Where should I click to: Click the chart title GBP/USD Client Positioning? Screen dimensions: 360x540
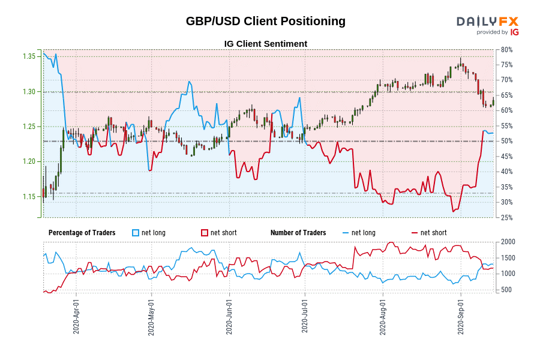(x=265, y=21)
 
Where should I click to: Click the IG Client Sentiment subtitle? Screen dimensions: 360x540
(x=265, y=44)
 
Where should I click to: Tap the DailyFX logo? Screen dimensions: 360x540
(x=487, y=21)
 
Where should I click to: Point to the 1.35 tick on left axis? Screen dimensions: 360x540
(x=29, y=56)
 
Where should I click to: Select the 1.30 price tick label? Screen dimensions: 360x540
(x=29, y=92)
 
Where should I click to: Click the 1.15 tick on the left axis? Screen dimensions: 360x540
(x=29, y=197)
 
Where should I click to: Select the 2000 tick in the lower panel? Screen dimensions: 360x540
(x=506, y=242)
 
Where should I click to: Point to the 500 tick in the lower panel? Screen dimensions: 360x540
(x=505, y=290)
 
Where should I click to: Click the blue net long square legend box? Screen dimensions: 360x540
(x=135, y=233)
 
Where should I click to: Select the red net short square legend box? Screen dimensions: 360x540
(x=204, y=233)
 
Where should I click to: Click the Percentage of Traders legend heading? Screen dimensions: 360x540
(x=82, y=233)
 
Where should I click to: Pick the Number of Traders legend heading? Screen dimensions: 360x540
(x=298, y=233)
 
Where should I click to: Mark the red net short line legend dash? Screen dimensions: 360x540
(x=414, y=233)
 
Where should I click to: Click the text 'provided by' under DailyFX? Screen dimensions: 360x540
(x=492, y=32)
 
